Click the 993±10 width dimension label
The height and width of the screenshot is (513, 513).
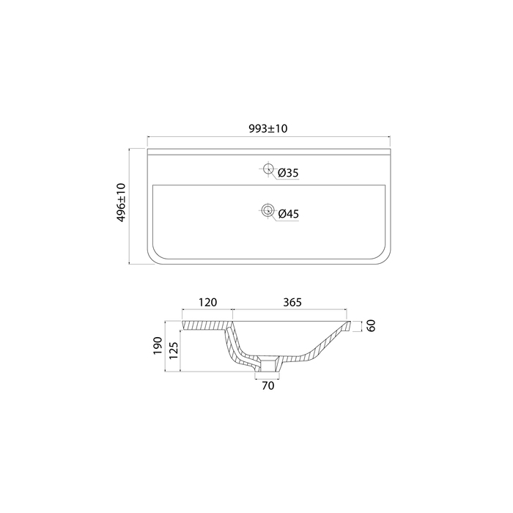[x=268, y=128]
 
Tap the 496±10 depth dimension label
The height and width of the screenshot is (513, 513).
[x=122, y=203]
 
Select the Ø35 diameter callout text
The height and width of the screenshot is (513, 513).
[x=288, y=173]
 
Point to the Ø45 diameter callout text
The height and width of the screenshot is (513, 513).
[x=288, y=214]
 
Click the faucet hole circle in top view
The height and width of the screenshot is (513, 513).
[x=268, y=169]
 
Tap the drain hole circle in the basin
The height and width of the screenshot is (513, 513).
[x=267, y=210]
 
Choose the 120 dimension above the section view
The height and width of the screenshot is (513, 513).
[x=207, y=302]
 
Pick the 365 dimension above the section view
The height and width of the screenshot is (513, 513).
[x=292, y=302]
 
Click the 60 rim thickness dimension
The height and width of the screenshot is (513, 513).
[x=371, y=326]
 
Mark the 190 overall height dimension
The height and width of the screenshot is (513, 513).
[x=158, y=345]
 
